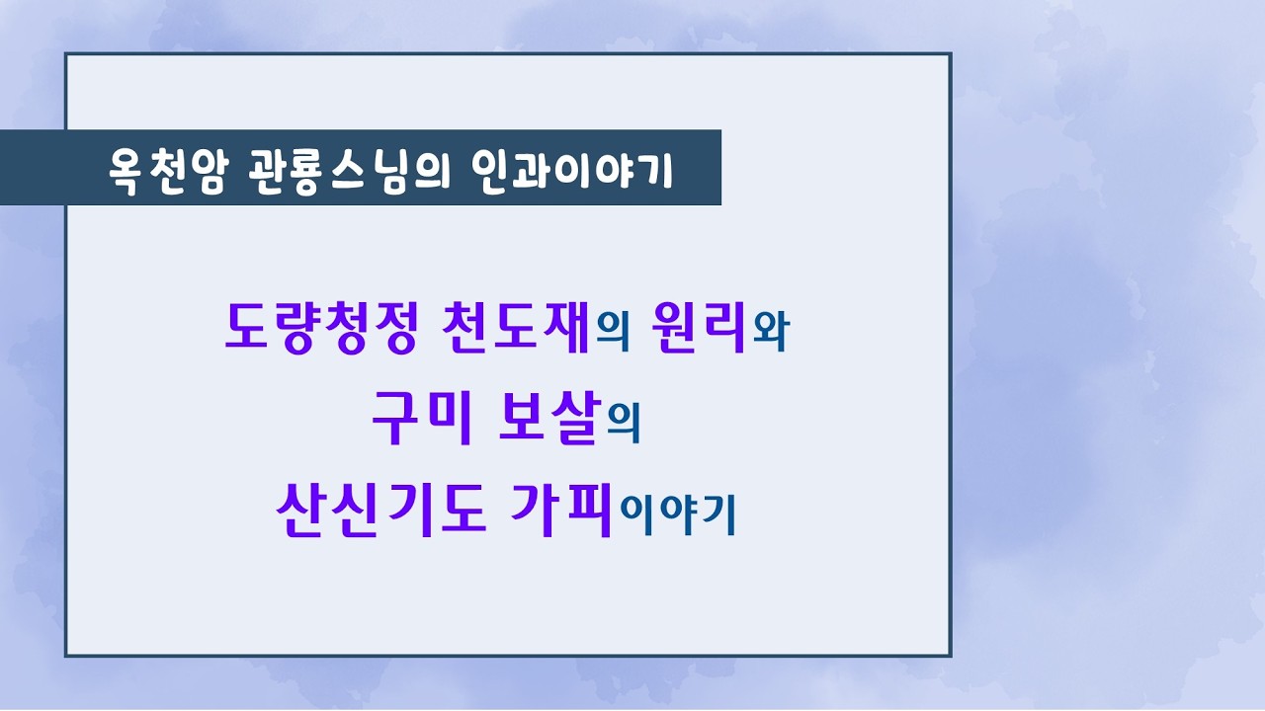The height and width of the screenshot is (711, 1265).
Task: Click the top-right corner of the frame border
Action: [x=950, y=54]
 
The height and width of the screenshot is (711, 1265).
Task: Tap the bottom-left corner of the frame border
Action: [x=66, y=655]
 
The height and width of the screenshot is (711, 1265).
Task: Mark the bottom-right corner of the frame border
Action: [x=950, y=655]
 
